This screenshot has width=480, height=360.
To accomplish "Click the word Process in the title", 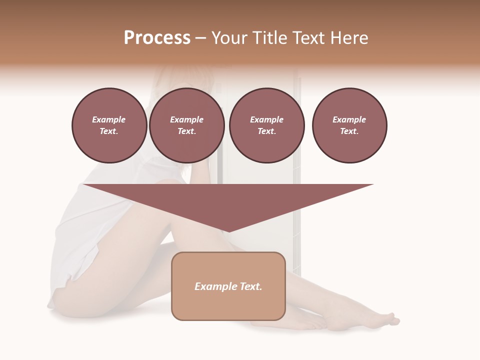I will click(x=157, y=38).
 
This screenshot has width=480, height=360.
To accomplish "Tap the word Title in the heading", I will click(x=269, y=38).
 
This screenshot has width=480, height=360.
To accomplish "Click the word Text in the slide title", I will click(x=310, y=38).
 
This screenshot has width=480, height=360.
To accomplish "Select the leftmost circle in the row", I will click(x=109, y=125).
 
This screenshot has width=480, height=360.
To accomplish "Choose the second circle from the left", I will click(x=187, y=125).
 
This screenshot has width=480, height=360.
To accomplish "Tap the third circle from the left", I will click(x=267, y=125).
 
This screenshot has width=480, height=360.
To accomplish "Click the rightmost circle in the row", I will click(x=349, y=125).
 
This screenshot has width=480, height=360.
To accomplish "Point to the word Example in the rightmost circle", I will click(x=349, y=119).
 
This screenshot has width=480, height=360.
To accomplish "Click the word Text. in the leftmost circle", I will click(x=109, y=131).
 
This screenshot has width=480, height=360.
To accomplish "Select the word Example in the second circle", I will click(x=187, y=119).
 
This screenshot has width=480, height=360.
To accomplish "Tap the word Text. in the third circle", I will click(x=267, y=131).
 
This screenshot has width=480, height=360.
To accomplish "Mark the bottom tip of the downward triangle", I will click(x=228, y=232).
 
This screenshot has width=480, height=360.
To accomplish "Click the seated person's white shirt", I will click(x=85, y=225).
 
